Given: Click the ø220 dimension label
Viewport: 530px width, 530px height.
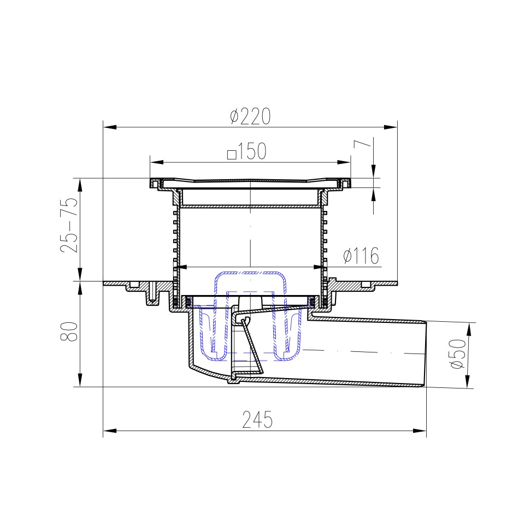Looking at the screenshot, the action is point(250,116).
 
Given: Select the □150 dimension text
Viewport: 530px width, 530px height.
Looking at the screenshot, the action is point(247,151).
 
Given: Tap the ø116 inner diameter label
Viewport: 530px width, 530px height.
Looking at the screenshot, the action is point(361,256).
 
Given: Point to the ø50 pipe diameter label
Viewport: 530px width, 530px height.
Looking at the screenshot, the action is point(458,354).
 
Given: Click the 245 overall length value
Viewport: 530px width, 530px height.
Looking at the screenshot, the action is point(257,420).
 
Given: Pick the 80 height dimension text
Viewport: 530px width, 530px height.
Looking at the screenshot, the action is point(69,332).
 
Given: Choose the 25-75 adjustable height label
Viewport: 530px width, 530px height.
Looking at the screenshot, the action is point(69,225).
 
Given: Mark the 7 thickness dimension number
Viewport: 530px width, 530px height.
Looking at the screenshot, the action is point(362,144).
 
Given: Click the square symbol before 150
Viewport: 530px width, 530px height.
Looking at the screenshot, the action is point(232,155).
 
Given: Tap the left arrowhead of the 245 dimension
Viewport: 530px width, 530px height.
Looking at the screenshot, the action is point(109,431).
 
